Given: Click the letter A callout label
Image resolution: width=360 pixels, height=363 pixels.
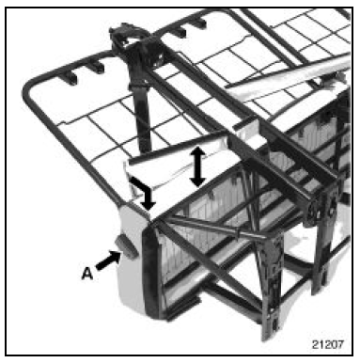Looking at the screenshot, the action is click(x=87, y=274).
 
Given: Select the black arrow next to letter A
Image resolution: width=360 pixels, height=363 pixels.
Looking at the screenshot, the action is click(x=108, y=260).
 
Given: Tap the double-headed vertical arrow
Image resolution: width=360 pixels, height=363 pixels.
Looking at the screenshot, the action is click(x=197, y=166).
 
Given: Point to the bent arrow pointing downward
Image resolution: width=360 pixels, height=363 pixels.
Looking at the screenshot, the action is click(x=142, y=192).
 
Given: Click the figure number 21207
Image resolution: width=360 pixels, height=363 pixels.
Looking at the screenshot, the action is click(x=327, y=344).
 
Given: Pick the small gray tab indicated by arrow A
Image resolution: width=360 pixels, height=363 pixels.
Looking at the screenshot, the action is click(x=126, y=247).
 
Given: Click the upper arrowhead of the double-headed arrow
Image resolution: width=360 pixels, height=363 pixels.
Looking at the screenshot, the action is click(x=197, y=152).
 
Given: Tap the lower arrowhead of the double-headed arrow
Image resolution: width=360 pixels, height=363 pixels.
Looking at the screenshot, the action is click(x=197, y=181).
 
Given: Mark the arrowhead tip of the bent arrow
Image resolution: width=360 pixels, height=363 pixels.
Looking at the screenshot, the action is click(x=148, y=210).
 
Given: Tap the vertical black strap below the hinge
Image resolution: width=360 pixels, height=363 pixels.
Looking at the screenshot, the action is click(x=143, y=115).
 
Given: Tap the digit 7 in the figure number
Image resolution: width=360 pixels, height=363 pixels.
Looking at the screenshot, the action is click(x=340, y=344).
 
